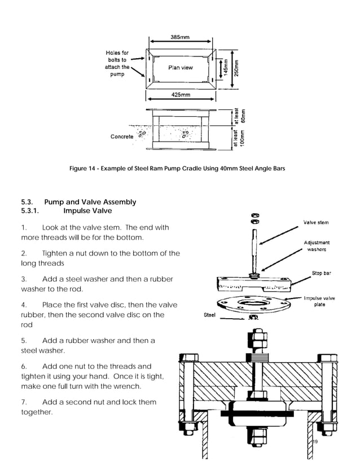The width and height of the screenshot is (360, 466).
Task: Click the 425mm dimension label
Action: click(x=180, y=95)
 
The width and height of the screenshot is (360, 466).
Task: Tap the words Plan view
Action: click(x=180, y=68)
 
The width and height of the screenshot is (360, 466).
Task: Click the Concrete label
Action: click(x=122, y=137)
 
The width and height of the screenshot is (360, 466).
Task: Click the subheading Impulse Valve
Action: click(x=87, y=211)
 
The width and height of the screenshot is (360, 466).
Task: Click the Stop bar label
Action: click(x=321, y=274)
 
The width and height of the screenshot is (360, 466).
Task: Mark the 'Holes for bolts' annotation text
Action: click(x=117, y=64)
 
